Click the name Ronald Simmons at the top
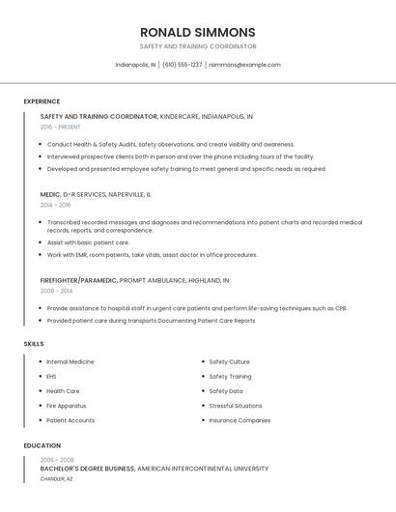click(197, 32)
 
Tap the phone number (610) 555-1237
click(182, 65)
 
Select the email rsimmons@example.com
click(244, 65)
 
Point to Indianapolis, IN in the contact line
click(135, 65)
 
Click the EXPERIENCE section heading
click(42, 101)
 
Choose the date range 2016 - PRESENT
click(60, 127)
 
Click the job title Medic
click(51, 194)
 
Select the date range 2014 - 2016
click(55, 205)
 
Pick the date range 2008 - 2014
click(56, 290)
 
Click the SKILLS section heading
click(34, 344)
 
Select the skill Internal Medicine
click(71, 361)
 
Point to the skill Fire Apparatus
click(66, 406)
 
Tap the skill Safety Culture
click(229, 361)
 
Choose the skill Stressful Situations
click(235, 406)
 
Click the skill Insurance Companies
click(240, 420)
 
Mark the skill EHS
click(51, 376)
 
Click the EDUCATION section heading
click(42, 445)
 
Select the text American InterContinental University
click(203, 469)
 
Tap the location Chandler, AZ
click(56, 478)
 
